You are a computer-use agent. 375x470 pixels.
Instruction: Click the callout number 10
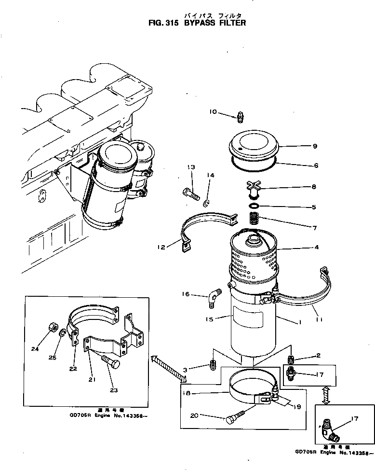(x=213, y=112)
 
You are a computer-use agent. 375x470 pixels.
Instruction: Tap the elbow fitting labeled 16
(x=213, y=297)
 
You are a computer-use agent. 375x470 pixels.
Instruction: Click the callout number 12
(x=161, y=247)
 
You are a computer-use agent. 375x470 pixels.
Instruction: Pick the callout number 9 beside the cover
(x=314, y=146)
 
